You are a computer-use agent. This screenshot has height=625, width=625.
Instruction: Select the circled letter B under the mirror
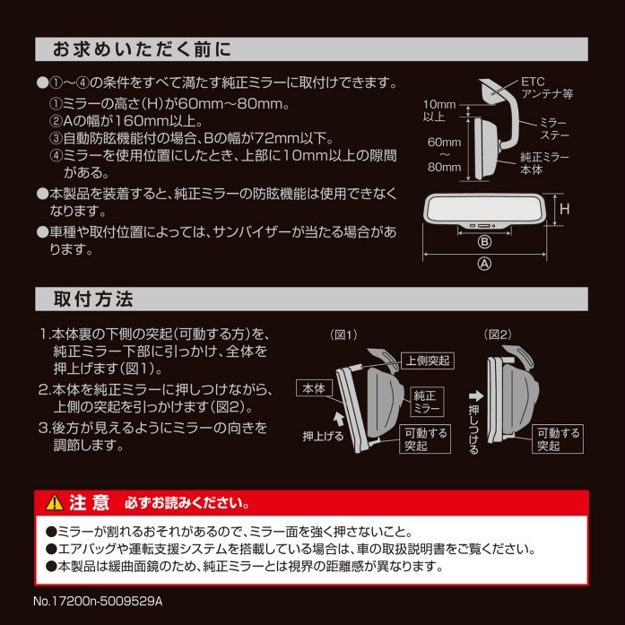pyautogui.click(x=485, y=242)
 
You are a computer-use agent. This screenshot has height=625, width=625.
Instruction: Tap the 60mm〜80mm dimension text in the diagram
pyautogui.click(x=443, y=154)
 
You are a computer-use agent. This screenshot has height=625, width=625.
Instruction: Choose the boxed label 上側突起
pyautogui.click(x=428, y=360)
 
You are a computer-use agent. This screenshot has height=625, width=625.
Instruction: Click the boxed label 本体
pyautogui.click(x=316, y=387)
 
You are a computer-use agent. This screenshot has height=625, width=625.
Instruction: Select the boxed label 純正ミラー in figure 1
pyautogui.click(x=423, y=401)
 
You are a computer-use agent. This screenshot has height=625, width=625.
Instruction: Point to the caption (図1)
pyautogui.click(x=345, y=334)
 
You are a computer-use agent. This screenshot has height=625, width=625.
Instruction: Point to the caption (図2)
pyautogui.click(x=499, y=334)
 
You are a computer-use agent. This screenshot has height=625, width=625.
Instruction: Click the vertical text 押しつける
pyautogui.click(x=473, y=423)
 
